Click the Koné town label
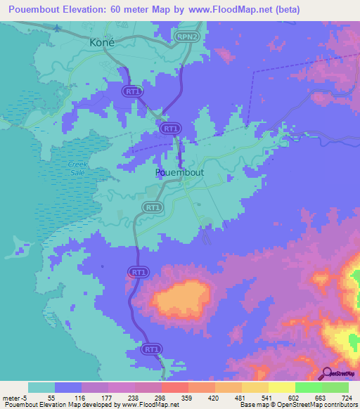[102, 42]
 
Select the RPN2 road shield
[186, 36]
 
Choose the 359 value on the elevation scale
[188, 397]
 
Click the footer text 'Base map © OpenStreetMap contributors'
[297, 405]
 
